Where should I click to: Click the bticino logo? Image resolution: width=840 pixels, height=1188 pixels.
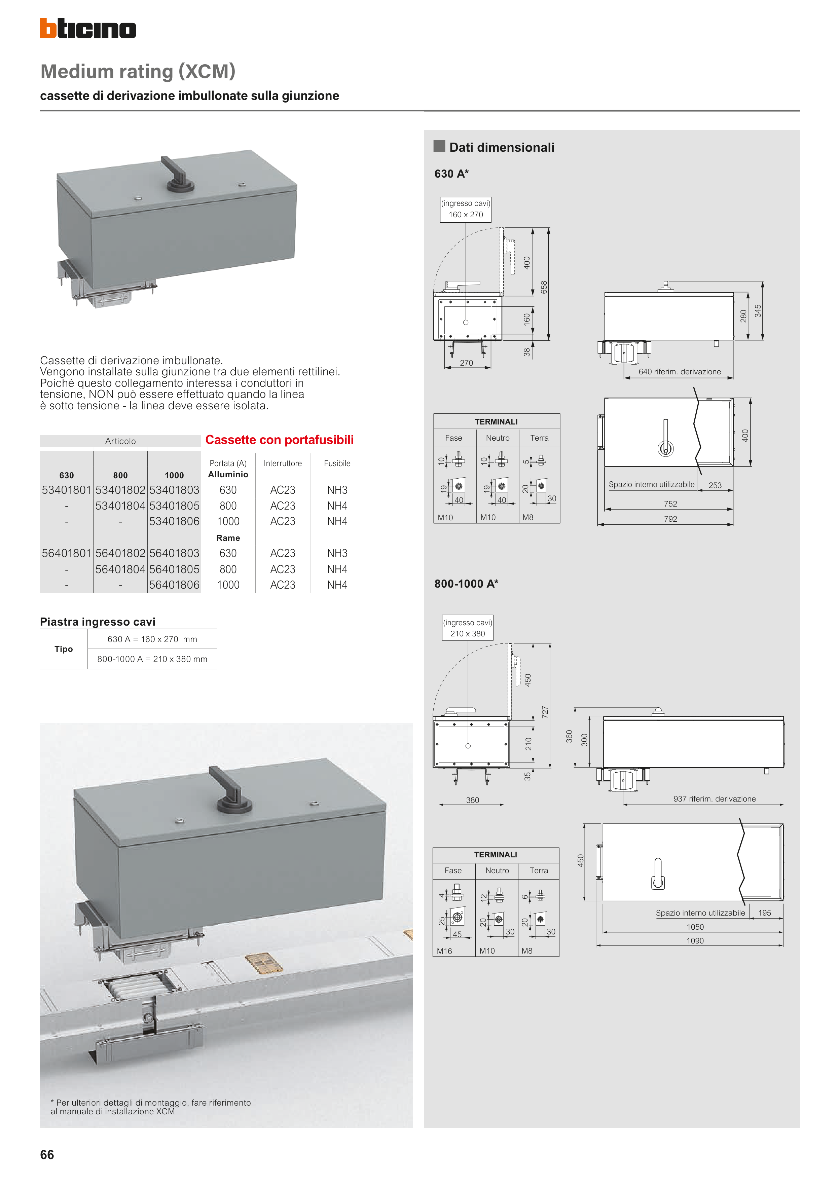click(88, 29)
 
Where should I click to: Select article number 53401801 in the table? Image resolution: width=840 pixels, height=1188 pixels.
click(67, 490)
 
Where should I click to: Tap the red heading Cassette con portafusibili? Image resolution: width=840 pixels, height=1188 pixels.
click(280, 440)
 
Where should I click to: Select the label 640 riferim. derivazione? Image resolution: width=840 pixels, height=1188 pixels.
click(679, 372)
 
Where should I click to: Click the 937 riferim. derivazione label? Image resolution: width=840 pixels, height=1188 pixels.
click(714, 799)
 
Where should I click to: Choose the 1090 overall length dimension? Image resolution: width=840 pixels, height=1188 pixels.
click(695, 941)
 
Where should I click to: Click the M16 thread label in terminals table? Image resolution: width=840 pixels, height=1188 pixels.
click(444, 951)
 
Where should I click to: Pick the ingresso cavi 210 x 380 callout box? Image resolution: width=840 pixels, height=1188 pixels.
click(467, 628)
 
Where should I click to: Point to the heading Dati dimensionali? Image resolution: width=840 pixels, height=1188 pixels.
click(502, 147)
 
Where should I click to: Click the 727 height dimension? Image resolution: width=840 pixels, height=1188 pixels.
click(545, 712)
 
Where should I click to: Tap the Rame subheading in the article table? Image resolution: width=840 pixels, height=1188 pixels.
click(228, 538)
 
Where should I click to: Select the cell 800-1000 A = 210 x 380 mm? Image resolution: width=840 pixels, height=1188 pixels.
click(152, 659)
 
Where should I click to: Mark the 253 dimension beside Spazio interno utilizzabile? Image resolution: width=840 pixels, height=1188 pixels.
click(715, 485)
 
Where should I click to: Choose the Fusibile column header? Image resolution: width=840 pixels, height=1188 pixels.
click(337, 463)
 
